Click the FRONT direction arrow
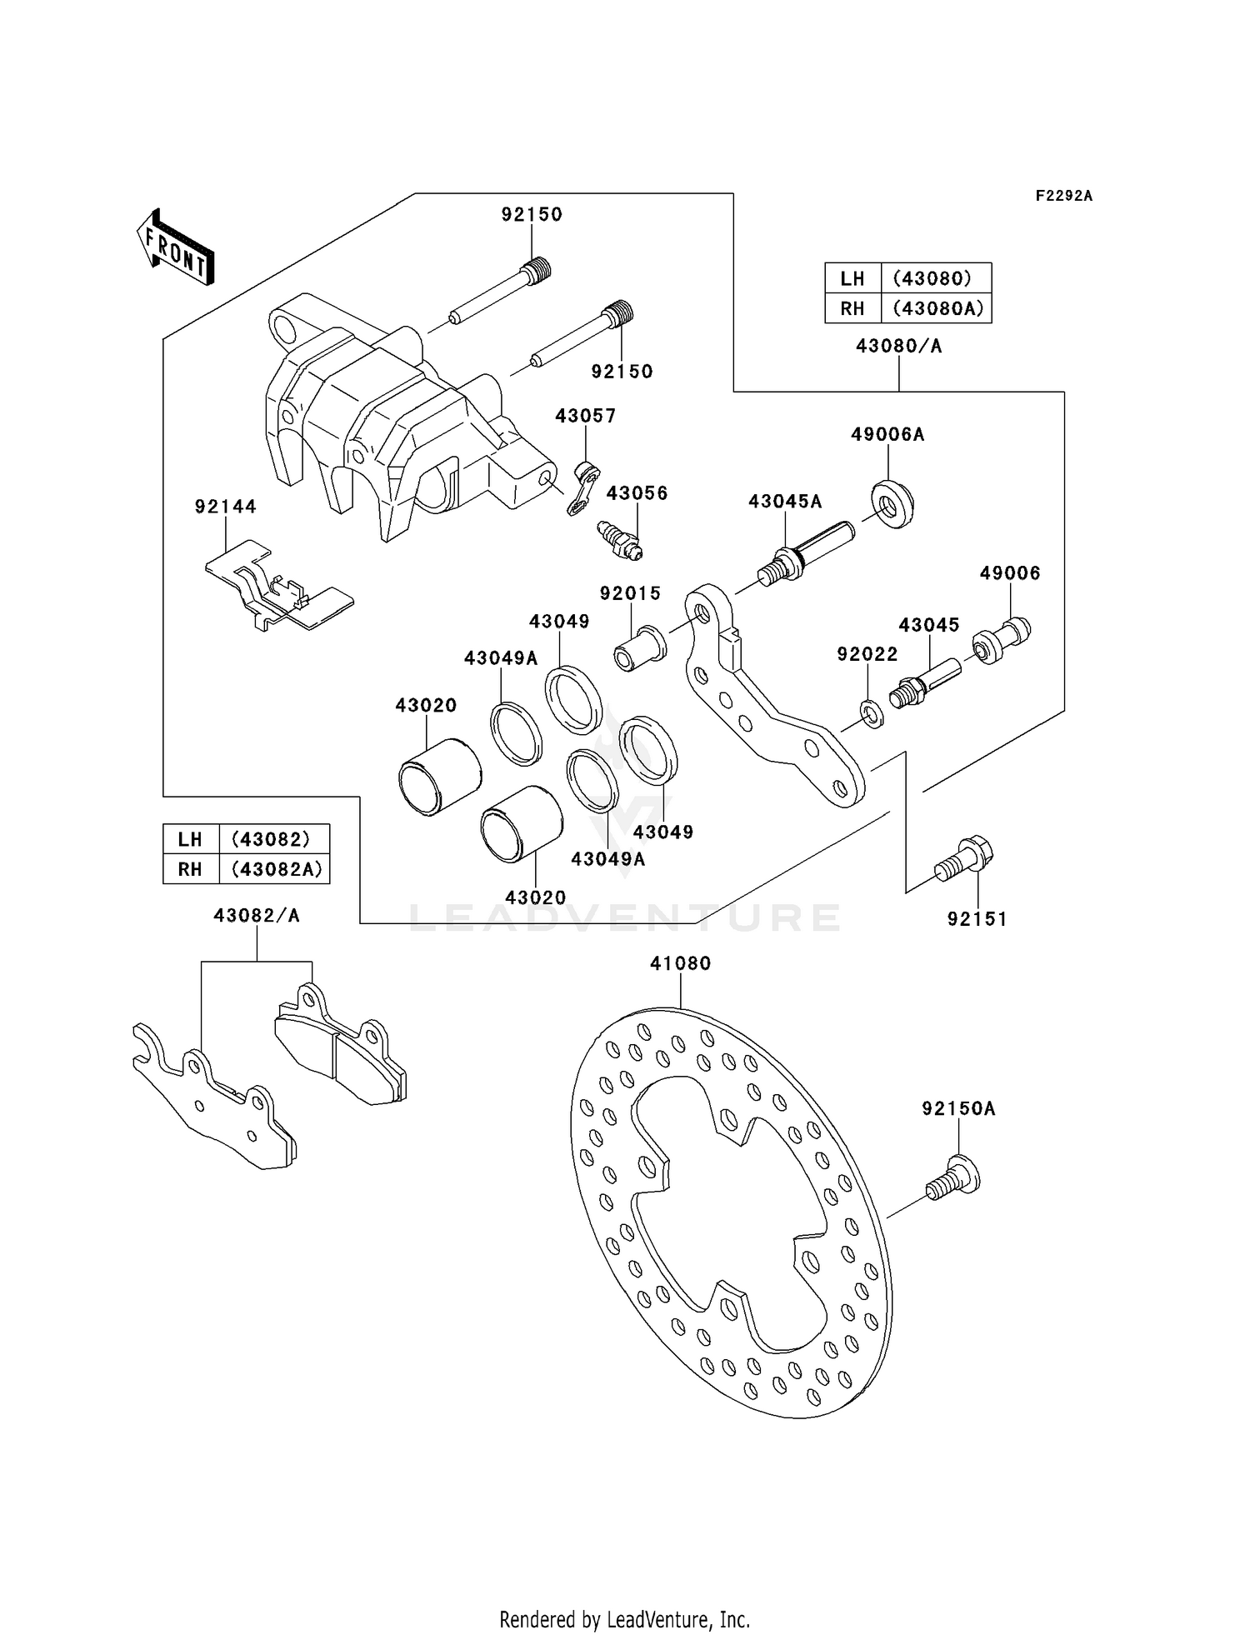tap(176, 247)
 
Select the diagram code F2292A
tap(1063, 196)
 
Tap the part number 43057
tap(585, 415)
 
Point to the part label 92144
tap(225, 507)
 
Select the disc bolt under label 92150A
tap(953, 1178)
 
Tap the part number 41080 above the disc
tap(680, 963)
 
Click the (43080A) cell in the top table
tap(937, 308)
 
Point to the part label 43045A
tap(784, 502)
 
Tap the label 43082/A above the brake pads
tap(256, 915)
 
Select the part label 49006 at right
tap(1009, 573)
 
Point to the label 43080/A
tap(898, 346)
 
